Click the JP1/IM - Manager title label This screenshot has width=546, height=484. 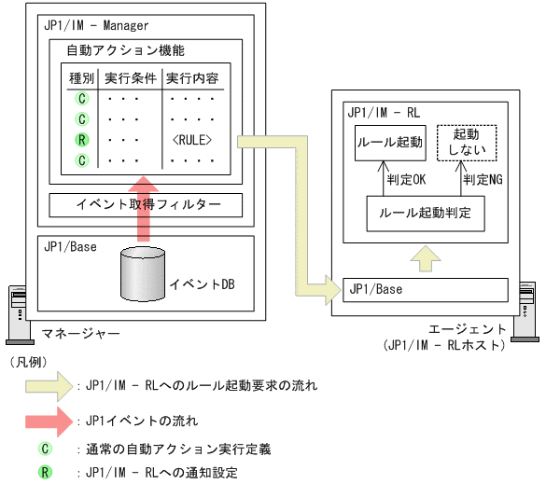tap(96, 25)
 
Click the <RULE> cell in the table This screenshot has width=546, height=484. tap(192, 140)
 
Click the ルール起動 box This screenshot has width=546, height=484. tap(389, 144)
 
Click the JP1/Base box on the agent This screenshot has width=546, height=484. tap(429, 289)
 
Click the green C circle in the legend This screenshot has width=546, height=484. tap(44, 449)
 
